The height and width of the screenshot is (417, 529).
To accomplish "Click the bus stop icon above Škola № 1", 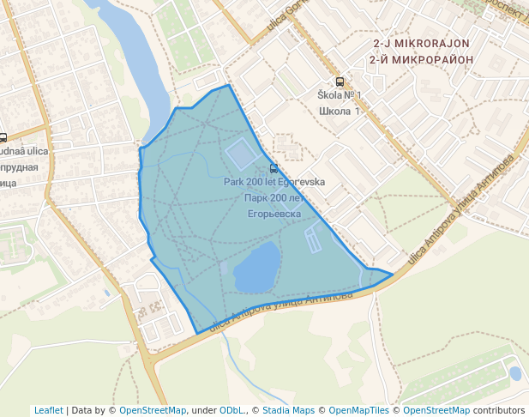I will point(340,82).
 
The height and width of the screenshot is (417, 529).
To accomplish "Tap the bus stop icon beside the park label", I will point(274,168).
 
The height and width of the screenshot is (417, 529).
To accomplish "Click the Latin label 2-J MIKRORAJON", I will point(422,43).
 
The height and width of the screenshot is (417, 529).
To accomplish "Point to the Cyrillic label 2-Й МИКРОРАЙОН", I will point(422,59).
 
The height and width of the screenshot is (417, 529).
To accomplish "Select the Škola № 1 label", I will point(340,95).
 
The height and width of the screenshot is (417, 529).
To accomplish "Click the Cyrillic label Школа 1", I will point(340,111).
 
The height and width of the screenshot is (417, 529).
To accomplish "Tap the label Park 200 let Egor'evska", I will point(274,182).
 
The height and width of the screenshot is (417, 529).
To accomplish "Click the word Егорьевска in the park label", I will point(274,213).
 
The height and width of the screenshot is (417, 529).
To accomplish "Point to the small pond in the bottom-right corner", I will point(514,373).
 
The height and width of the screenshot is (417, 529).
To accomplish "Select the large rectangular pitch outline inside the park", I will point(241,154).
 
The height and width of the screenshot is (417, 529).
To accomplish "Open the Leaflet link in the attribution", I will point(49,410).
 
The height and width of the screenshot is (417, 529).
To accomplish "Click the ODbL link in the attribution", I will point(233,410).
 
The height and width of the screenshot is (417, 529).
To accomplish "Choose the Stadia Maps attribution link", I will point(291,410).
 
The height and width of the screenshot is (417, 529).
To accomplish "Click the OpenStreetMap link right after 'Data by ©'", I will point(153,410).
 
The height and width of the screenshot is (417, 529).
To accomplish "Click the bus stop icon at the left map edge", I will point(3,137).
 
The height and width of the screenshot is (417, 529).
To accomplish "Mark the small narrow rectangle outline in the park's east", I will point(313,240).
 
